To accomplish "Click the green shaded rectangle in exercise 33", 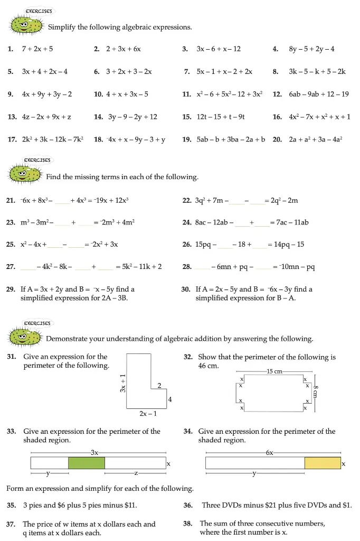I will [87, 463].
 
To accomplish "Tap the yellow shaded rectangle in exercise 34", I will [323, 463].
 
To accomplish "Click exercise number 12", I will [277, 94].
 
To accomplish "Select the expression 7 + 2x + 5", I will [37, 49].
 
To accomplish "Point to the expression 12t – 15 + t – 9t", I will [221, 117].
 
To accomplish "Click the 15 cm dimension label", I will [274, 371].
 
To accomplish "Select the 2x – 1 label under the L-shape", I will [148, 414].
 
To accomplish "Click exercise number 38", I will [188, 524].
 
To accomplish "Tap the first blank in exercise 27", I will [28, 267].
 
